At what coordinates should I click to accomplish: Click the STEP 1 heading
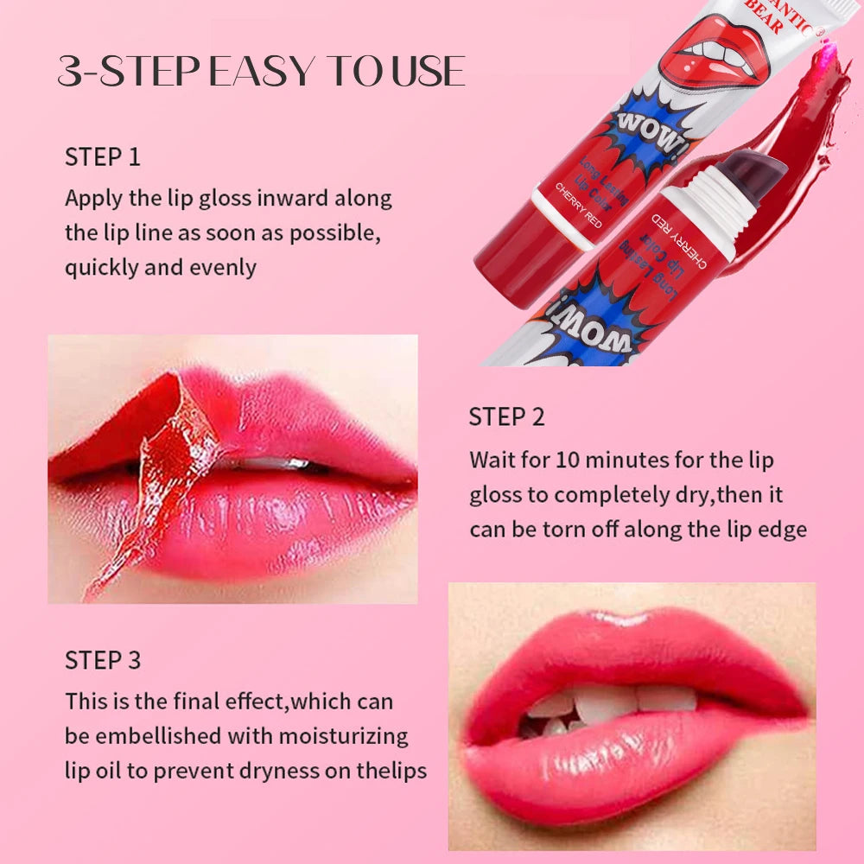click(102, 157)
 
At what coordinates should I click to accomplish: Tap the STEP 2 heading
click(506, 417)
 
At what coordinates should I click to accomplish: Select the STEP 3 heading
click(102, 661)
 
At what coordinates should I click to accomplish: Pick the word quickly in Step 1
click(102, 267)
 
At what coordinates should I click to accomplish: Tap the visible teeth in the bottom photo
click(605, 704)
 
